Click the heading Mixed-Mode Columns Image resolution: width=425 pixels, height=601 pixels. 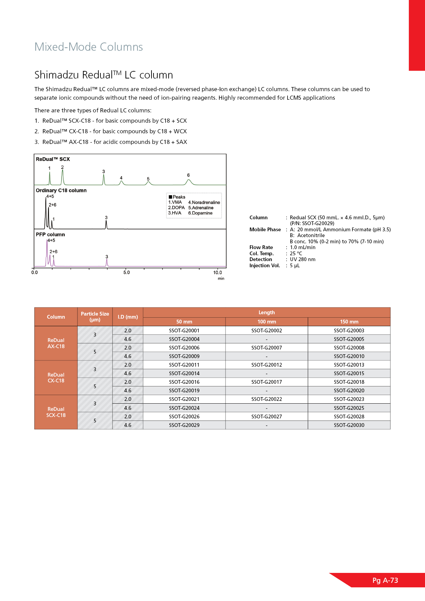click(x=88, y=47)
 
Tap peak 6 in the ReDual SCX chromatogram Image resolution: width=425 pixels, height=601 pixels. click(x=189, y=181)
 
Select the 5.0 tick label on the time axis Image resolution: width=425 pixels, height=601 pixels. click(x=126, y=273)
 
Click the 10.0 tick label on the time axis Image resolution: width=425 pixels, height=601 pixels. click(x=218, y=273)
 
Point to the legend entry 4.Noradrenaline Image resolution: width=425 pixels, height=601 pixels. click(x=204, y=203)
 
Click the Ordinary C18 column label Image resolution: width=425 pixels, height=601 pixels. click(x=61, y=191)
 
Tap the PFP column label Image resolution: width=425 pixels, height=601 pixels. click(x=50, y=235)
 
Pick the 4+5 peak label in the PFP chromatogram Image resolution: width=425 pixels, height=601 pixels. click(x=51, y=241)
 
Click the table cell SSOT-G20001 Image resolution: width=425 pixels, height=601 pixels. click(x=184, y=331)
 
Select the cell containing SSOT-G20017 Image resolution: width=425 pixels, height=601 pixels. click(x=267, y=382)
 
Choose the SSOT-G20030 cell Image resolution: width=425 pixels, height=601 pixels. click(x=349, y=425)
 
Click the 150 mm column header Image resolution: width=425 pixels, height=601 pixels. click(x=349, y=322)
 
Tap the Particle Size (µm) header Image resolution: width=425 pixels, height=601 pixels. click(x=95, y=317)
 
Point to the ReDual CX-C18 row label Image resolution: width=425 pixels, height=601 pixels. click(x=56, y=378)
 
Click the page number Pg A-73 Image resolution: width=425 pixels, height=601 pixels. click(x=385, y=580)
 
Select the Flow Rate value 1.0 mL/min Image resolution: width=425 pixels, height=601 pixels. click(x=303, y=247)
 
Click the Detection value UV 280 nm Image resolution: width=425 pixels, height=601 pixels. click(x=303, y=259)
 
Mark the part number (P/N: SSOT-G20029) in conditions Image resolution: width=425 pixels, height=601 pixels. click(x=312, y=223)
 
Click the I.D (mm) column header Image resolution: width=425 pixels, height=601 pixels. click(x=128, y=317)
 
